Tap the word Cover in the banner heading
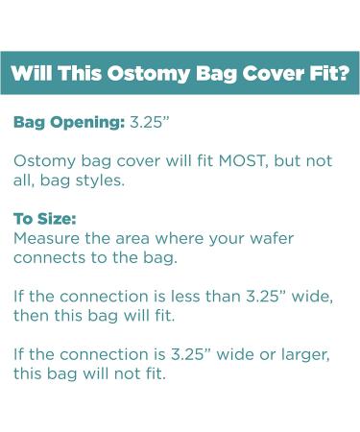click(265, 73)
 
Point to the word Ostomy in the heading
click(138, 73)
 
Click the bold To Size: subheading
click(44, 218)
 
